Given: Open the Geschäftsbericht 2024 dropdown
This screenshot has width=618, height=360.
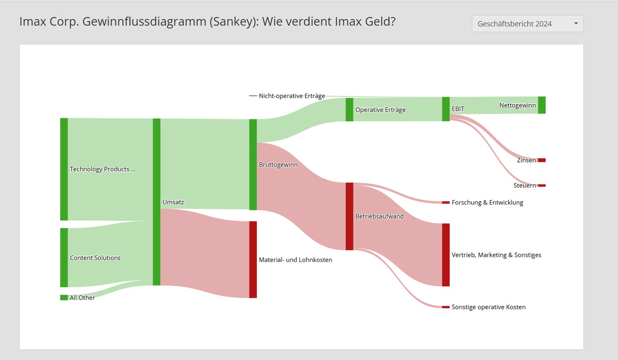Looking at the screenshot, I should tap(527, 24).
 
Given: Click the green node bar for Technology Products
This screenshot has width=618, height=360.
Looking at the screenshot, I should tap(64, 169).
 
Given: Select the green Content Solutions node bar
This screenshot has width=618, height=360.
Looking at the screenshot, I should tap(64, 257).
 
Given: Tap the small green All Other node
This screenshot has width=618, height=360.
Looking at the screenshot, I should tap(64, 298).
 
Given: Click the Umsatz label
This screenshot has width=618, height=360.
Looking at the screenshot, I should tap(173, 202).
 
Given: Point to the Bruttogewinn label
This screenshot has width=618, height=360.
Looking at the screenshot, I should tap(278, 165).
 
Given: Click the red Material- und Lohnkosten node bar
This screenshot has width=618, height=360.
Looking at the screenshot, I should tap(253, 260).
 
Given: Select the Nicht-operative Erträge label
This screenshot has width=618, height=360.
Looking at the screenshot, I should tap(292, 96).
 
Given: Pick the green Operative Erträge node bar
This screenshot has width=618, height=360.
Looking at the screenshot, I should tap(350, 110).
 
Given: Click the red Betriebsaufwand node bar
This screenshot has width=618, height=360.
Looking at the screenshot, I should tap(350, 216).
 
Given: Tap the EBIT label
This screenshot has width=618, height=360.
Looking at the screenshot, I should tap(458, 109).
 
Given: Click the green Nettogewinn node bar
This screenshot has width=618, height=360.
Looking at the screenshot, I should tap(542, 105).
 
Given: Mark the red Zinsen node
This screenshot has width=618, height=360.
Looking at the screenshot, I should tap(542, 160).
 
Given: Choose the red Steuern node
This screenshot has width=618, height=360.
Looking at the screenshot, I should tap(542, 185).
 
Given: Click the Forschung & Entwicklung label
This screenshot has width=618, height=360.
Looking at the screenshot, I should tap(487, 203).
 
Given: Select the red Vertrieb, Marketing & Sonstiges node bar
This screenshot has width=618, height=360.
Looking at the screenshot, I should tap(446, 255).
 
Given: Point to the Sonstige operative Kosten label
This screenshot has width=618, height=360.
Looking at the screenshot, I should tap(489, 307).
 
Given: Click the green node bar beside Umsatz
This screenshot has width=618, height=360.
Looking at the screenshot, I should tap(156, 202).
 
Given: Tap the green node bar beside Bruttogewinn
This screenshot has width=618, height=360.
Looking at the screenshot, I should tap(253, 165).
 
